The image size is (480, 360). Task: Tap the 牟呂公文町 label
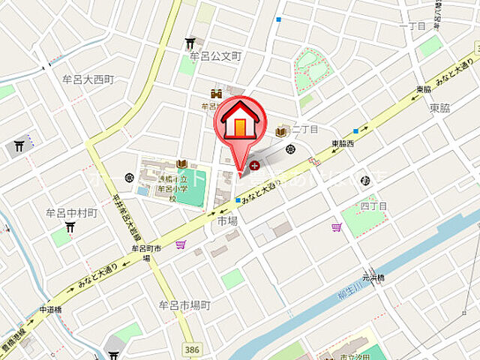click(x=217, y=56)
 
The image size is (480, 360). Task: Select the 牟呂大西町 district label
click(x=88, y=79)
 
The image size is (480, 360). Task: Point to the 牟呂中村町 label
click(x=72, y=213)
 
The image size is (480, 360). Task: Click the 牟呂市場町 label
click(x=184, y=305)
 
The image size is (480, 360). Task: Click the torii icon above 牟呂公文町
click(x=190, y=43)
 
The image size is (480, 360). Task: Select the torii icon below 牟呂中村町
click(x=70, y=227)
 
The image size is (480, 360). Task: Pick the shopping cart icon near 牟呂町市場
click(x=180, y=244)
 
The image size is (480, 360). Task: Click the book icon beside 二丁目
click(x=281, y=132)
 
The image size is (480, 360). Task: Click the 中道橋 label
click(x=50, y=309)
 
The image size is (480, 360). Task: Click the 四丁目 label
click(x=373, y=205)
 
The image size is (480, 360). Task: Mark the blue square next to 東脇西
click(x=356, y=130)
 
